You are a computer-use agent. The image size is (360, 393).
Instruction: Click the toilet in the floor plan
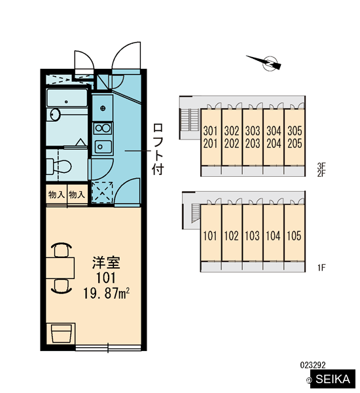tap(59, 166)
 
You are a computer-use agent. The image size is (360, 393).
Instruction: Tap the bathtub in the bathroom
tap(67, 98)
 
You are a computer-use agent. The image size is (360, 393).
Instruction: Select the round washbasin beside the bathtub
tap(55, 115)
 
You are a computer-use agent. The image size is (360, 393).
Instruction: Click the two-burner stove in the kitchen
tap(103, 128)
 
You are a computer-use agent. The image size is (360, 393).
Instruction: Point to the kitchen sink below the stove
tap(103, 146)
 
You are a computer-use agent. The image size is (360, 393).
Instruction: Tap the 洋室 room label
tap(106, 263)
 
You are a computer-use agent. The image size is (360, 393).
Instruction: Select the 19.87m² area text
tap(106, 293)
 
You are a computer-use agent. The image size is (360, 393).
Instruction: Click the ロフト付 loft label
tap(158, 149)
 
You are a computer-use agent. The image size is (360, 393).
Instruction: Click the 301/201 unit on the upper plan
tap(211, 138)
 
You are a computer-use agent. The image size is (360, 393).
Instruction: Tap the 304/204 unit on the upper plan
tap(274, 138)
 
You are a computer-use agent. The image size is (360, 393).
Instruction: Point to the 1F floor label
tap(321, 268)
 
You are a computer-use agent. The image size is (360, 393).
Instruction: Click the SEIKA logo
tap(333, 379)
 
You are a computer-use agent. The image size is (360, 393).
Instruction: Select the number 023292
tap(313, 365)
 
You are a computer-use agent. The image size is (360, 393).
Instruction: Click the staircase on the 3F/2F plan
tap(190, 120)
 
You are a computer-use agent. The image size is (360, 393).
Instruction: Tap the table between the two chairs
tap(60, 268)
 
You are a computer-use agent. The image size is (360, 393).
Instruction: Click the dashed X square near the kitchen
tap(102, 193)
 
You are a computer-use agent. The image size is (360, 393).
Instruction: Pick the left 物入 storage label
tap(56, 195)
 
